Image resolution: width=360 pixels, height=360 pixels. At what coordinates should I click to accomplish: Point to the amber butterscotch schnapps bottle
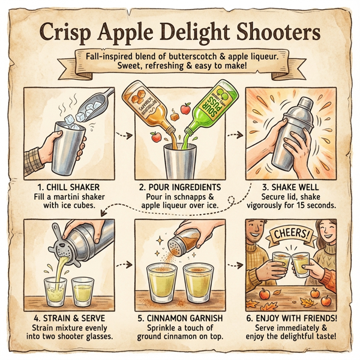pos(147,108)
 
